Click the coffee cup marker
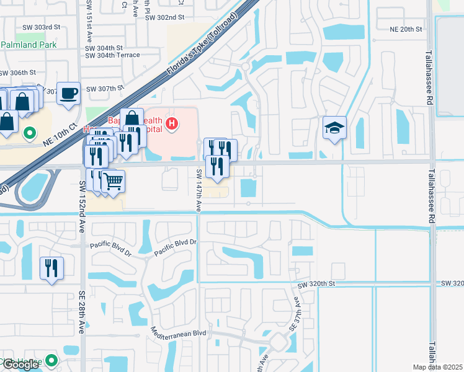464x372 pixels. coord(68,94)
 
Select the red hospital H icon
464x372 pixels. coord(172,125)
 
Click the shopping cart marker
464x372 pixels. coord(113,182)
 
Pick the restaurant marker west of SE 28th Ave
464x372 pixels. coord(51,268)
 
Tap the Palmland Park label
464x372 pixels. coord(29,45)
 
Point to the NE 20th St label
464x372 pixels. coord(406,29)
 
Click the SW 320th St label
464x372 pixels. coord(316,285)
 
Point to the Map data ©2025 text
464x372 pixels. coord(437,367)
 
